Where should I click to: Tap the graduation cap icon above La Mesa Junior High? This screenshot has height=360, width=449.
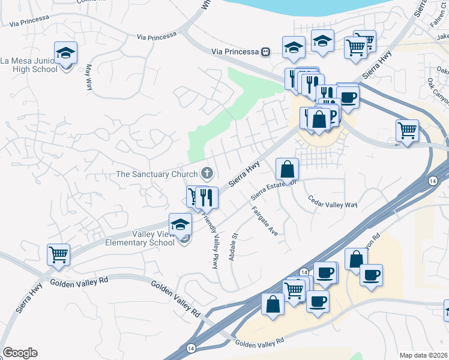click(65, 53)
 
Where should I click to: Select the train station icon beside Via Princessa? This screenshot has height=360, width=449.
click(264, 52)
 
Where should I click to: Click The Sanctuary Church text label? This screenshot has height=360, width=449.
click(157, 175)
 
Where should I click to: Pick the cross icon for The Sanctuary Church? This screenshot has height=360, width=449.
click(207, 174)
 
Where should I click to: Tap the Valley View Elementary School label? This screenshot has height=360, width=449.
click(139, 239)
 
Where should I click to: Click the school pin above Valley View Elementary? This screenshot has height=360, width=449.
click(180, 225)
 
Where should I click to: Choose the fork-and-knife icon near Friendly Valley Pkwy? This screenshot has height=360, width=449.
click(205, 197)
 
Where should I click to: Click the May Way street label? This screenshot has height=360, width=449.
click(89, 77)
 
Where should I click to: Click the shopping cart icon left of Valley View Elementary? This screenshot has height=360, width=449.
click(58, 254)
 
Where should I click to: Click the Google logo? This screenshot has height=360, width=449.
click(20, 353)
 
